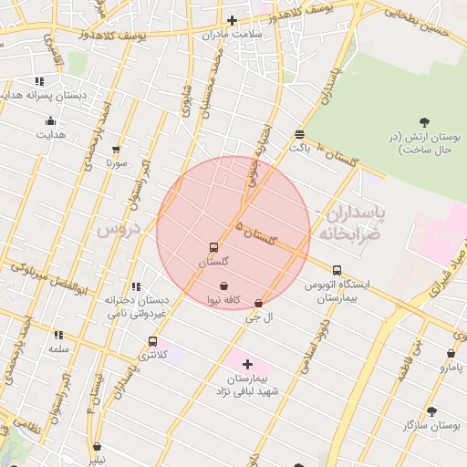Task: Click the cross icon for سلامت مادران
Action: pyautogui.click(x=232, y=20)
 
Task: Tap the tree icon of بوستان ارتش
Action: pyautogui.click(x=424, y=122)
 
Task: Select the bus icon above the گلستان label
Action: pyautogui.click(x=213, y=247)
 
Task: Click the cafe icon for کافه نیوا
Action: pyautogui.click(x=223, y=285)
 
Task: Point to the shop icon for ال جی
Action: pyautogui.click(x=258, y=303)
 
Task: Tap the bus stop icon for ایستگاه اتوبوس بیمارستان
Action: pyautogui.click(x=337, y=270)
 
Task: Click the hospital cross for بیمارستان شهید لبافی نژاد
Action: pyautogui.click(x=247, y=364)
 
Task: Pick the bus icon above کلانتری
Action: pyautogui.click(x=152, y=341)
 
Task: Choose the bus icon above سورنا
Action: pyautogui.click(x=116, y=150)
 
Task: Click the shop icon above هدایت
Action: pyautogui.click(x=50, y=121)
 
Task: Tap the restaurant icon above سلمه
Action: pyautogui.click(x=58, y=335)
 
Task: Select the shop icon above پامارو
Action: pyautogui.click(x=451, y=353)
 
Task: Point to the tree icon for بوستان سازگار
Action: pyautogui.click(x=431, y=410)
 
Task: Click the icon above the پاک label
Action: pyautogui.click(x=299, y=133)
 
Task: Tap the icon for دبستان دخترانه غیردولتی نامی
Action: pyautogui.click(x=136, y=286)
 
